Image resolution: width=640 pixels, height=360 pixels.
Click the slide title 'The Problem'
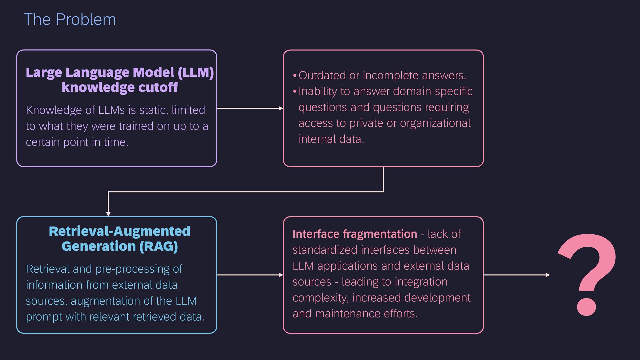(70, 19)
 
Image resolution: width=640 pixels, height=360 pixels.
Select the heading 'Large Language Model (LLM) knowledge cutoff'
(120, 80)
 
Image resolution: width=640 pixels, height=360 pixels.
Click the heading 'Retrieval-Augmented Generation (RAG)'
(120, 238)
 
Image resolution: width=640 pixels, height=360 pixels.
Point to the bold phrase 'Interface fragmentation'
(355, 234)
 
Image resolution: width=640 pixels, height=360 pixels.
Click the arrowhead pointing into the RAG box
(108, 214)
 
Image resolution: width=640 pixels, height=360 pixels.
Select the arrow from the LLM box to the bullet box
(250, 108)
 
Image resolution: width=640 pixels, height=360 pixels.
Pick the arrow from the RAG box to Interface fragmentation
(250, 275)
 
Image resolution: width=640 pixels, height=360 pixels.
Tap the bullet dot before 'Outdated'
(295, 76)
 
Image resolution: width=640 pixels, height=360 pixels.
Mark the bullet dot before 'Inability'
(295, 92)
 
